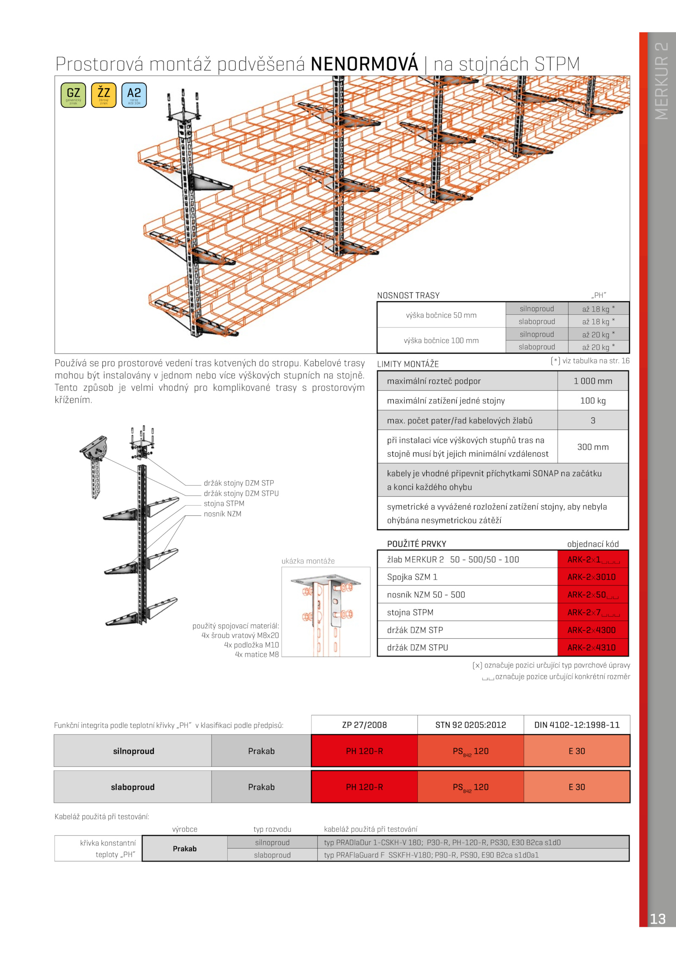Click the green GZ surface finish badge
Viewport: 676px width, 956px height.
(74, 95)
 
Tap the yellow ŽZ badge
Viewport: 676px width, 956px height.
(104, 95)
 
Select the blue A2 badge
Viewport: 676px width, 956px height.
(134, 95)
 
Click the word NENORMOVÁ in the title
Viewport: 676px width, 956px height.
(364, 64)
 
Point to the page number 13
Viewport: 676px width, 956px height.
(657, 919)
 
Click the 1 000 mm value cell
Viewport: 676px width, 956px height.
(593, 381)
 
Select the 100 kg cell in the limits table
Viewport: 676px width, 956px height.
(593, 400)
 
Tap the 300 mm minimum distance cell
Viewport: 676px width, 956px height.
(593, 447)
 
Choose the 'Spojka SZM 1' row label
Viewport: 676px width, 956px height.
(412, 577)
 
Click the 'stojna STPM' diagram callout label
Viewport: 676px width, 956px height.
(224, 504)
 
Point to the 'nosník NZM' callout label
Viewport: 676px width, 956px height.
(223, 514)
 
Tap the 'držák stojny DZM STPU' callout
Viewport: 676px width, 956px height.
(241, 493)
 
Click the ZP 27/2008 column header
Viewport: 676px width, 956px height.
(364, 725)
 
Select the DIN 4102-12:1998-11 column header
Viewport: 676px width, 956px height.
(577, 725)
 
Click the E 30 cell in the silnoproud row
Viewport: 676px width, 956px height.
(577, 751)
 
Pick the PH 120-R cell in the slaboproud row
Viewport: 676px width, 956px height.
(364, 787)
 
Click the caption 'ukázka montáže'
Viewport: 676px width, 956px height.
(308, 561)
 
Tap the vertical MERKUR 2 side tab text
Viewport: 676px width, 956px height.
(662, 80)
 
